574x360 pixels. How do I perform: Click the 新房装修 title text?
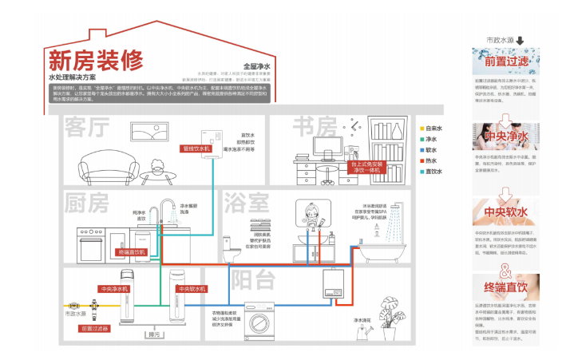pyautogui.click(x=96, y=61)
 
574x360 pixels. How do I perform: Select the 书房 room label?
pyautogui.click(x=314, y=127)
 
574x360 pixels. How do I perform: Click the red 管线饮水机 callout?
pyautogui.click(x=196, y=148)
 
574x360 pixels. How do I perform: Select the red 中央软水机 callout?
pyautogui.click(x=192, y=288)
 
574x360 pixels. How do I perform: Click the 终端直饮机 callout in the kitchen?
pyautogui.click(x=133, y=252)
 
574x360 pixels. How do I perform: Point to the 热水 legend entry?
pyautogui.click(x=430, y=160)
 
